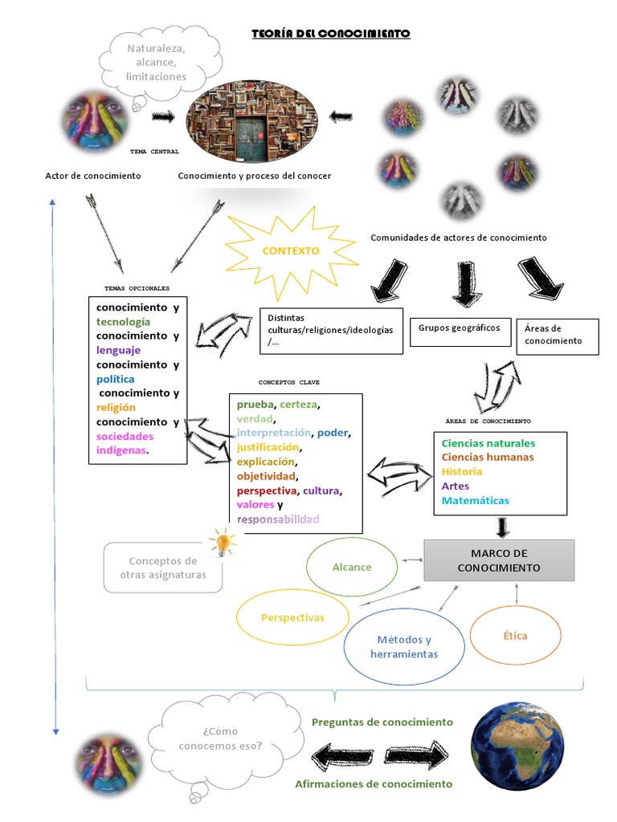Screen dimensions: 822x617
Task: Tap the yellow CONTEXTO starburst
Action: click(x=290, y=250)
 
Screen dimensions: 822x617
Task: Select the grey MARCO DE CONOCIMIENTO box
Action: click(x=499, y=560)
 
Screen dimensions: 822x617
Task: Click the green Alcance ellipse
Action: click(x=352, y=567)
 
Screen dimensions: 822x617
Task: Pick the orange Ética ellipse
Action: click(x=515, y=636)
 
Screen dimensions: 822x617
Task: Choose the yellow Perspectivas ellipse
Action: click(x=292, y=617)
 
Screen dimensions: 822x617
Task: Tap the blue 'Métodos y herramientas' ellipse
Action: click(x=403, y=647)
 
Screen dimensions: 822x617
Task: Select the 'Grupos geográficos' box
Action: click(x=460, y=328)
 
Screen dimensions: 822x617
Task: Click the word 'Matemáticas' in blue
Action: click(x=475, y=500)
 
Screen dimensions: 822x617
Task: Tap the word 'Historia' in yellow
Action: click(x=462, y=471)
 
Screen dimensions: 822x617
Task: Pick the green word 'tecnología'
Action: click(x=123, y=322)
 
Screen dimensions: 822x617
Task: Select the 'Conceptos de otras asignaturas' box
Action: click(x=163, y=568)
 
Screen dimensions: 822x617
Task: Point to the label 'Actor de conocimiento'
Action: click(x=93, y=175)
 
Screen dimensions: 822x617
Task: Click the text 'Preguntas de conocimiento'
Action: click(x=382, y=722)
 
